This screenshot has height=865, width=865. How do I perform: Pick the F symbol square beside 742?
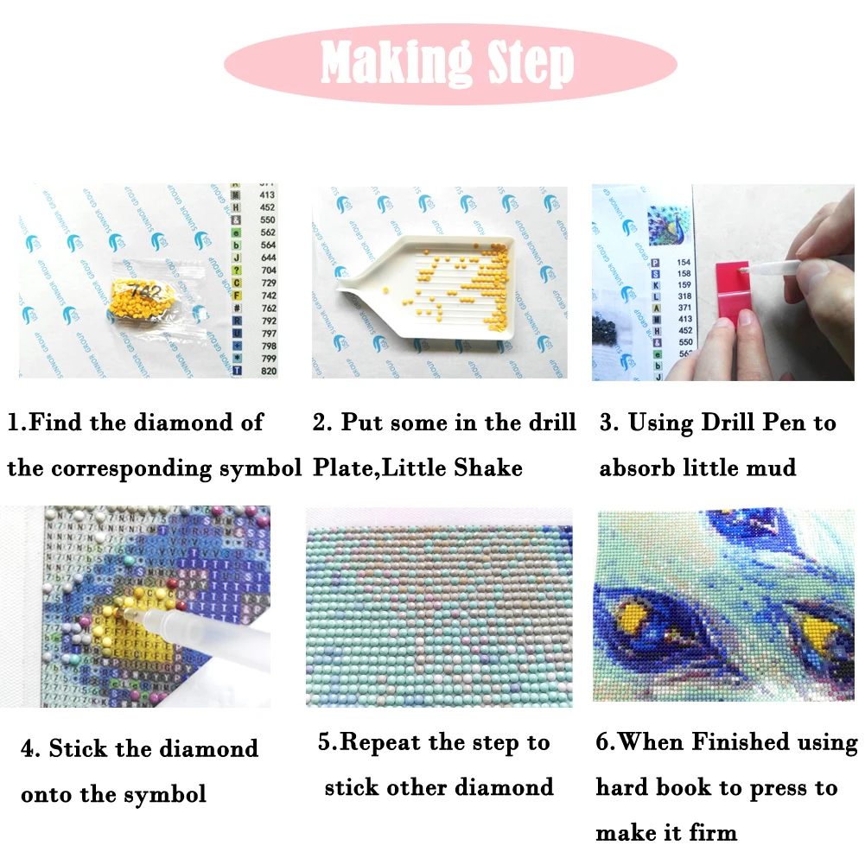(x=234, y=296)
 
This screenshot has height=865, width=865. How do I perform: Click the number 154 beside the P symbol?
(x=684, y=262)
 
